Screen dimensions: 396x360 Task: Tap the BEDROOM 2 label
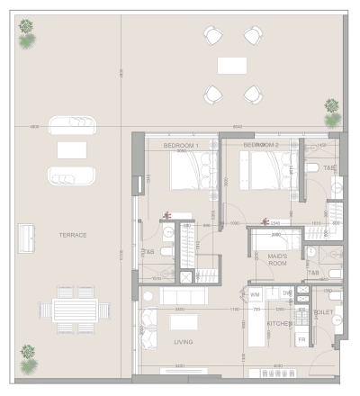coord(261,145)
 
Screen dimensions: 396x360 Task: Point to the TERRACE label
coord(72,235)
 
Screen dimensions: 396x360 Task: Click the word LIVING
coord(184,342)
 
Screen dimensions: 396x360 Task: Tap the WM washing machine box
coord(255,294)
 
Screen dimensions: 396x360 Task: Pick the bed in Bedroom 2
coord(266,170)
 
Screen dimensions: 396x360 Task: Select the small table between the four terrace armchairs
coord(231,65)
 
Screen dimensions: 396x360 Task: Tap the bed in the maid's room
coord(274,242)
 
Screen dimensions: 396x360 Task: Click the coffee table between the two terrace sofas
coord(71,149)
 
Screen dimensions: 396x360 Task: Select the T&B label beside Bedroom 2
coord(329,168)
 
